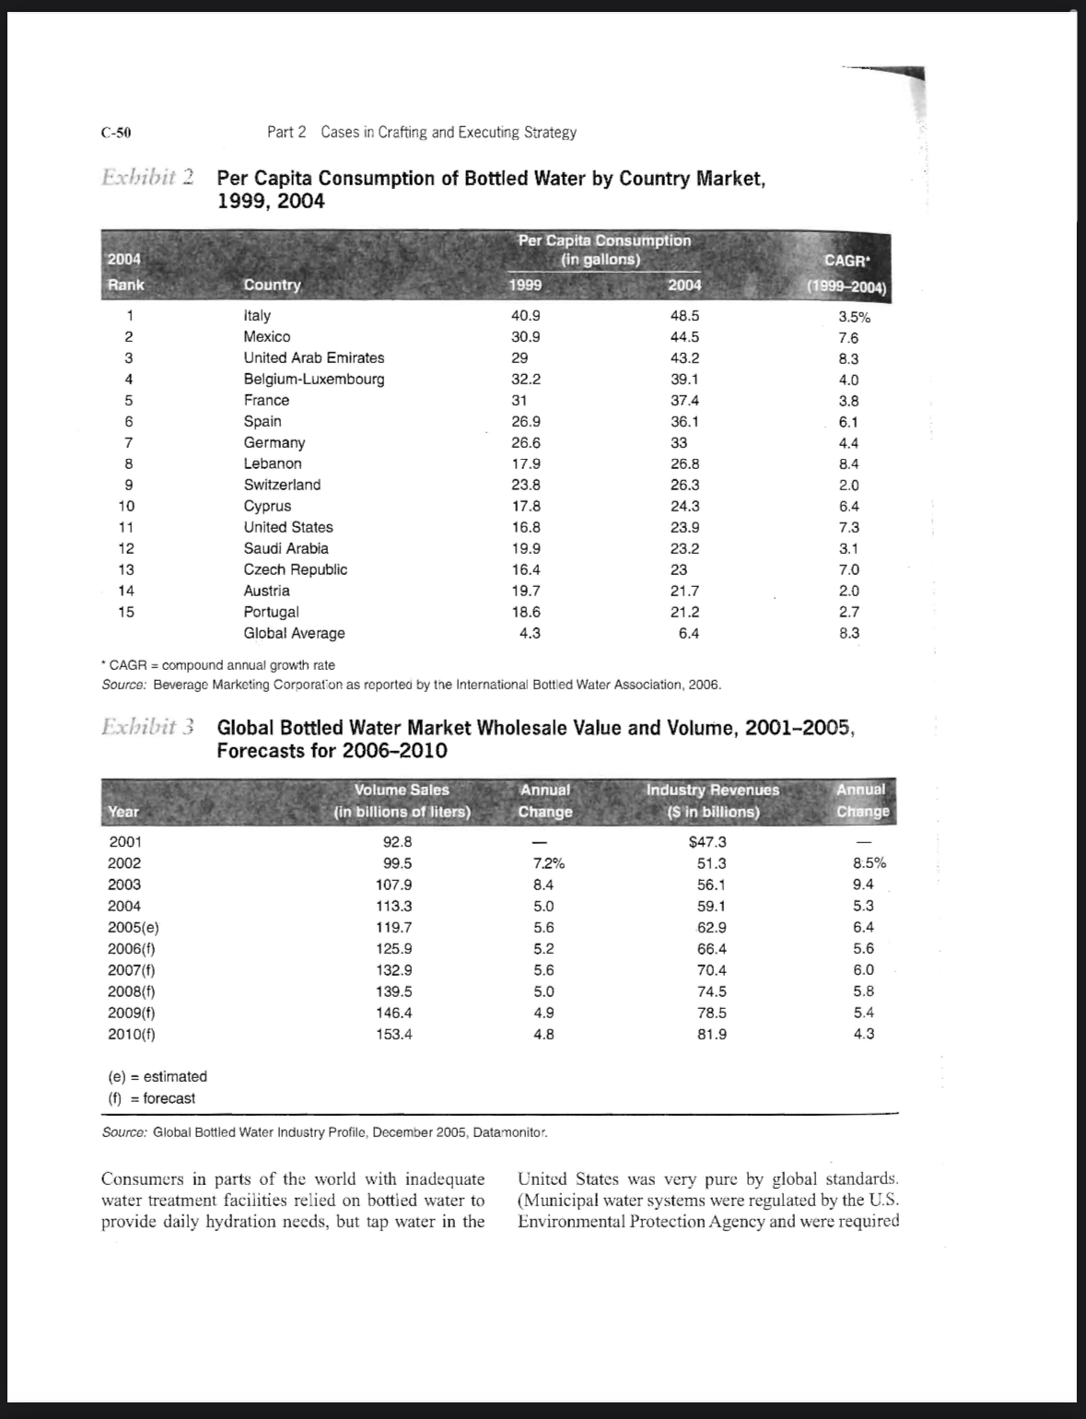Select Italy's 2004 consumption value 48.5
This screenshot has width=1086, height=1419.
click(685, 315)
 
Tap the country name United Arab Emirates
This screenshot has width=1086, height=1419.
click(313, 358)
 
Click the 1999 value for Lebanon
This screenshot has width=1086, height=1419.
click(525, 463)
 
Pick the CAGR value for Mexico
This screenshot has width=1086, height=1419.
click(848, 336)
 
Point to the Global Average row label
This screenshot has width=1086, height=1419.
click(294, 633)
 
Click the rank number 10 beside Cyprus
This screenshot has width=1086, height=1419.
click(127, 506)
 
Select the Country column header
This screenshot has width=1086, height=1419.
click(272, 286)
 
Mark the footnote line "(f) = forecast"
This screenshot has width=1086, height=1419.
click(152, 1098)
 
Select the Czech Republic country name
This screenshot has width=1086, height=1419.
click(295, 569)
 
